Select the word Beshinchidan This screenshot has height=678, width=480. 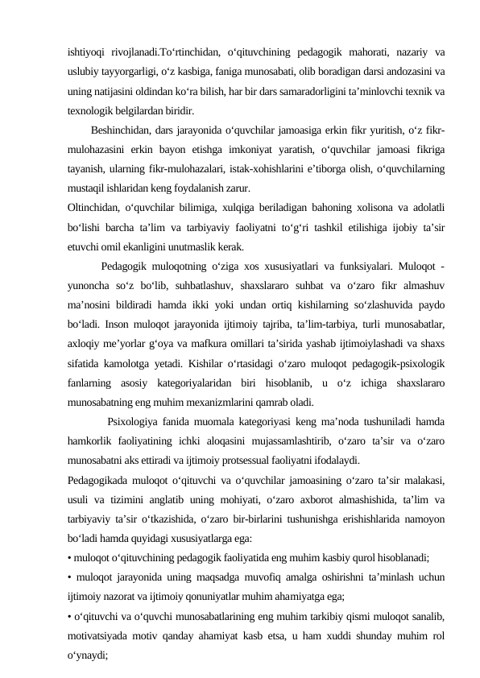[121, 130]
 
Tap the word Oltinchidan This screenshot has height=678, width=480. [93, 206]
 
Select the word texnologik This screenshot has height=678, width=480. [91, 110]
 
